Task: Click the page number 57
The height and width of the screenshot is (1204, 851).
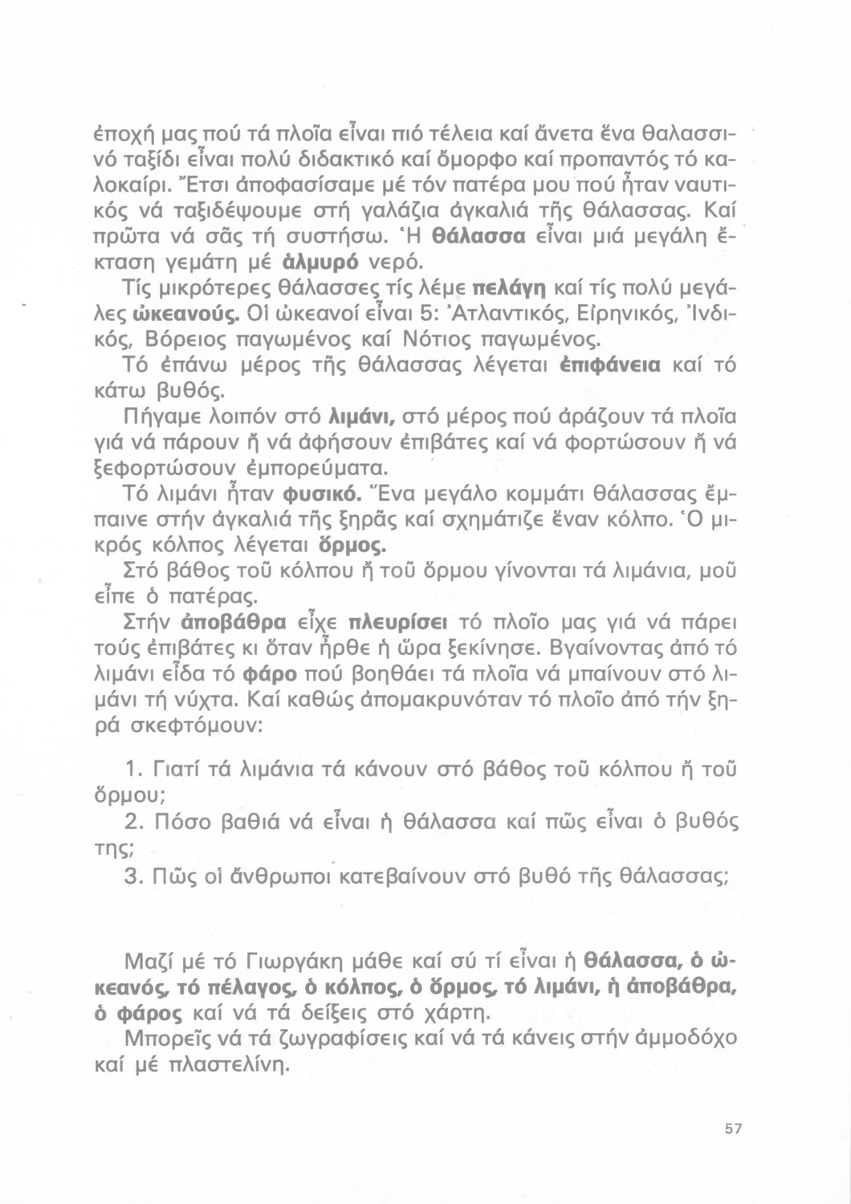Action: pos(732,1129)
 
